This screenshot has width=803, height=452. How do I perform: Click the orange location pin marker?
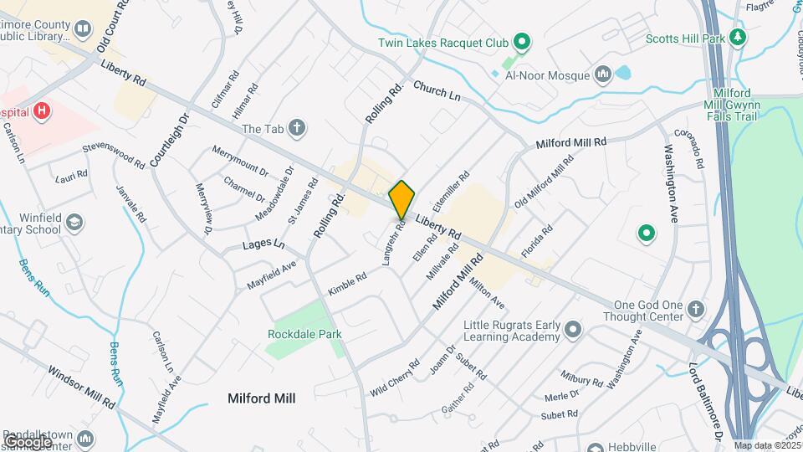click(x=401, y=199)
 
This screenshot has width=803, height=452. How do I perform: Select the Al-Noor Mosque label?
click(x=548, y=75)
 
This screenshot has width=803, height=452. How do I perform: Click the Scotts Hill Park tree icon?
click(x=737, y=38)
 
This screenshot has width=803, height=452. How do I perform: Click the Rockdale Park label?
click(x=304, y=334)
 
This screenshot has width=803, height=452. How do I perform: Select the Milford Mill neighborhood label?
click(x=261, y=398)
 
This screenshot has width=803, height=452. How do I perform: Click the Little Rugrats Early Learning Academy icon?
click(x=573, y=330)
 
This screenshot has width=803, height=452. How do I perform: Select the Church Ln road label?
click(x=437, y=91)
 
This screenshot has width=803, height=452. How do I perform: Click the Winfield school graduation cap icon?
click(x=74, y=222)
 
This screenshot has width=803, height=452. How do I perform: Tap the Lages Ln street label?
click(x=263, y=246)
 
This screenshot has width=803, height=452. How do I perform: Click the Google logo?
click(x=28, y=441)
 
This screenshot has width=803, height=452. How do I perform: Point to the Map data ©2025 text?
click(x=767, y=445)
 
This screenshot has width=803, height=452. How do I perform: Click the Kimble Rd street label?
click(x=347, y=285)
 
